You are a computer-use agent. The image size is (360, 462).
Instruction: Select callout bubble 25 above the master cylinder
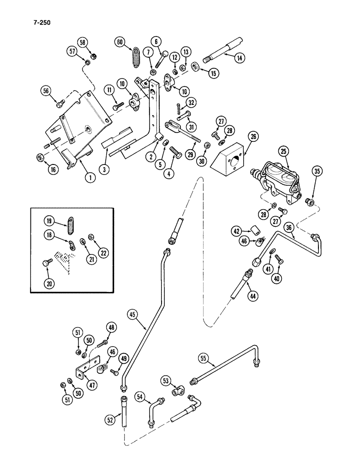284,152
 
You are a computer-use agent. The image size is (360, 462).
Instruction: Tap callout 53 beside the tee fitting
165,380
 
